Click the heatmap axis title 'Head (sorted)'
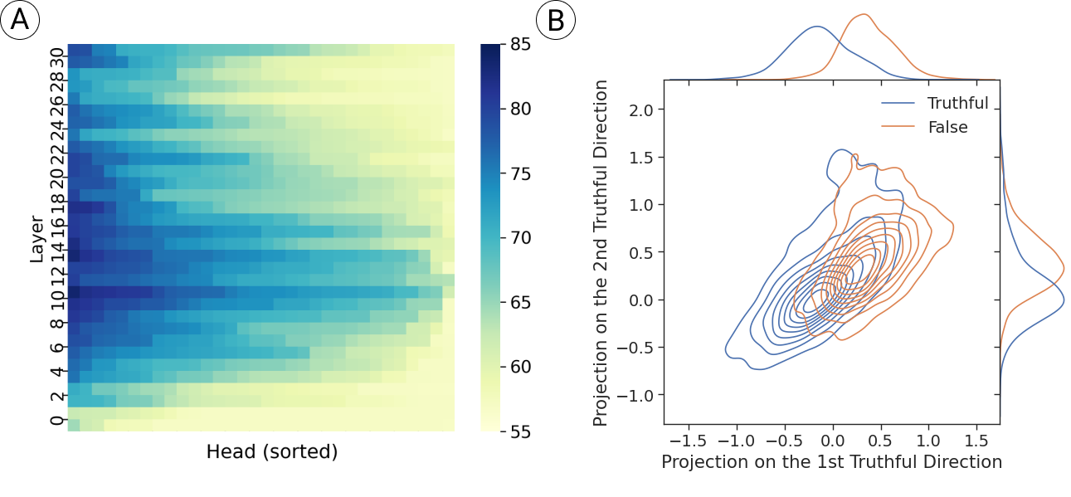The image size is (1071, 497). tap(272, 452)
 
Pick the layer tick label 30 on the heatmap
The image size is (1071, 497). tap(56, 58)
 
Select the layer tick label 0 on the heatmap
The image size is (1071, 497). tap(56, 421)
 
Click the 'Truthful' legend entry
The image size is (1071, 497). tap(958, 104)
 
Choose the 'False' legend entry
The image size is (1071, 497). tap(947, 128)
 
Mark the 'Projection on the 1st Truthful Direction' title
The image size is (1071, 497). tap(831, 462)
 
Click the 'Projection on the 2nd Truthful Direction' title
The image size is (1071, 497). tap(601, 253)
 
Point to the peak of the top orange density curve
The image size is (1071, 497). tap(864, 14)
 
